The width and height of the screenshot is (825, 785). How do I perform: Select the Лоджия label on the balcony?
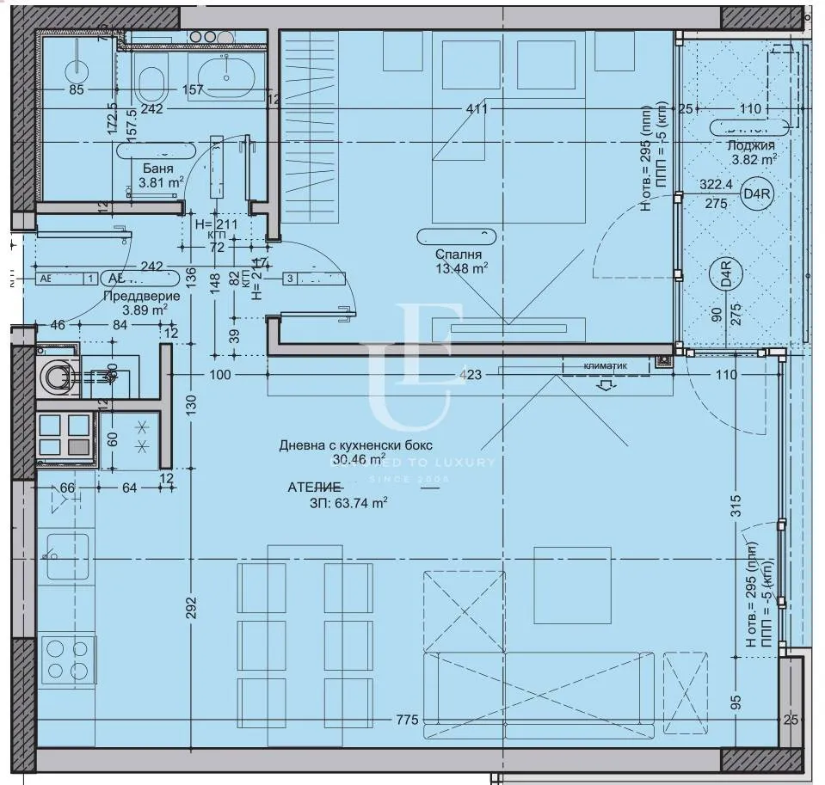click(750, 146)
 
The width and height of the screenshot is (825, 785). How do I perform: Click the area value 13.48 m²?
click(461, 268)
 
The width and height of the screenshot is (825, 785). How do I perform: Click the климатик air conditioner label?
click(605, 365)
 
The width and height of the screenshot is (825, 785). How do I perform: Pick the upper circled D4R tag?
click(758, 194)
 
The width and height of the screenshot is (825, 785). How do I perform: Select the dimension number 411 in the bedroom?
click(476, 109)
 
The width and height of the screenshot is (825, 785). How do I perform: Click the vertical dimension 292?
click(191, 607)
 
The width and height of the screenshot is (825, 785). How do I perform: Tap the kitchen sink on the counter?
click(68, 555)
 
